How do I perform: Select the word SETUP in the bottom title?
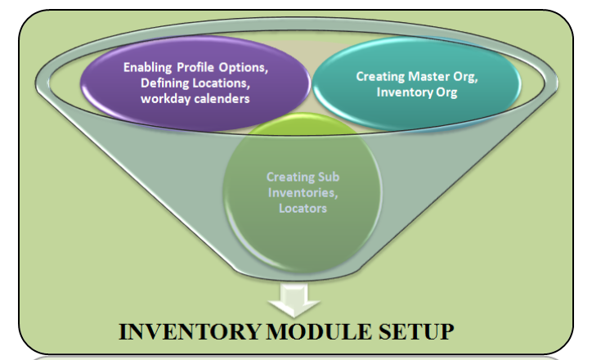pyautogui.click(x=418, y=333)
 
